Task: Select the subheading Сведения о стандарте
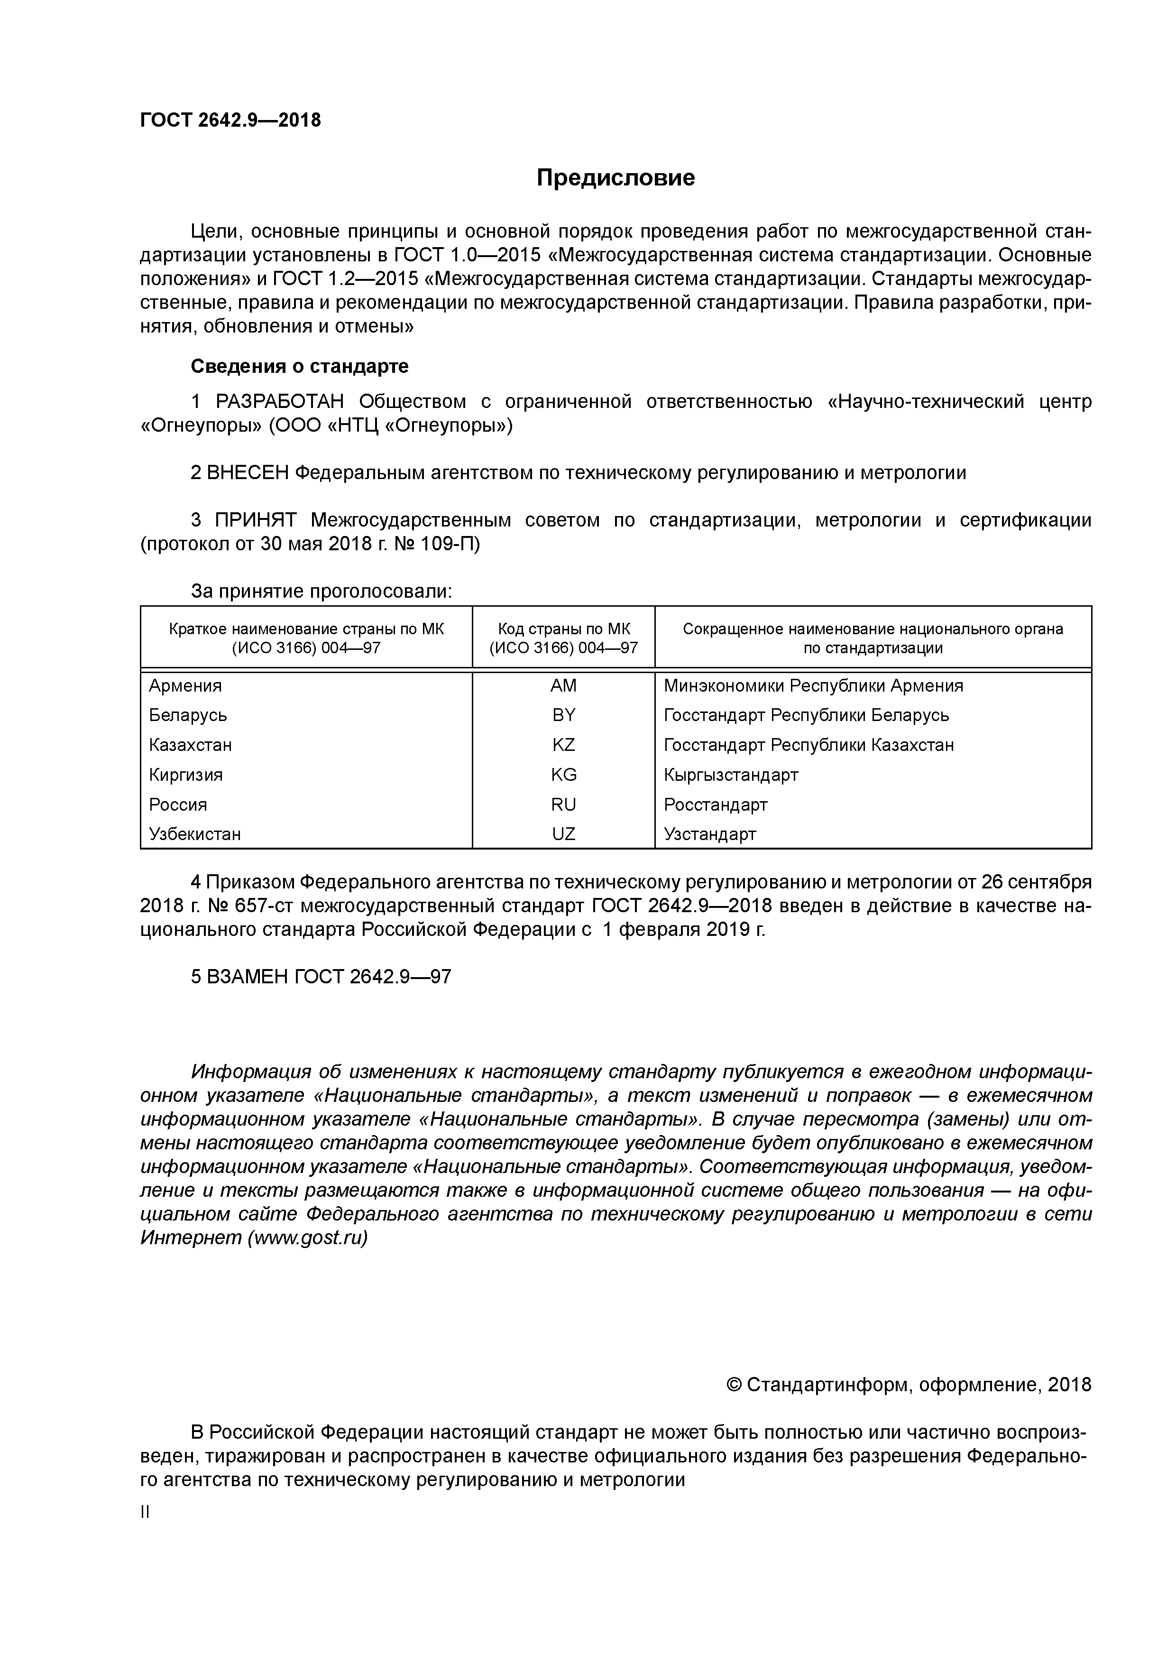point(299,367)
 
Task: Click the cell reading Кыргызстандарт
point(730,775)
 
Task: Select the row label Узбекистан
point(194,834)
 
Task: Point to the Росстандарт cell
point(715,804)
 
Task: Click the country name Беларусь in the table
point(188,715)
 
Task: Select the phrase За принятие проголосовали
point(321,592)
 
